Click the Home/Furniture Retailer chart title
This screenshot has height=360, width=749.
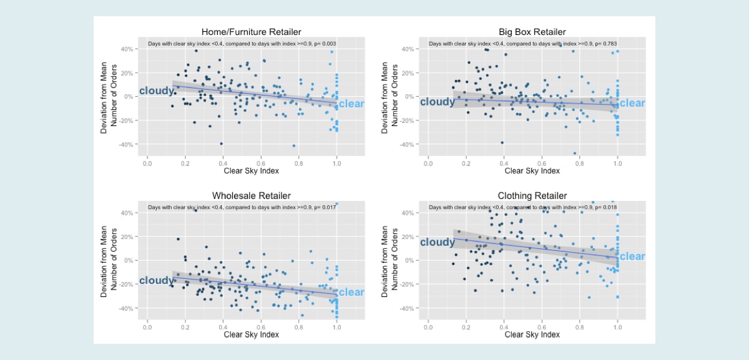(x=251, y=32)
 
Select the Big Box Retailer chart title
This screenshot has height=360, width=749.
(x=532, y=32)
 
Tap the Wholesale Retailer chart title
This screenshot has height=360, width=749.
(x=251, y=196)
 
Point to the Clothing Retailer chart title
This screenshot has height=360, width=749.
(x=532, y=196)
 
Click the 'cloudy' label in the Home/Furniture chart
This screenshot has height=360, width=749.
(x=157, y=91)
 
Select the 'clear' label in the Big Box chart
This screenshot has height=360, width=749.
(x=632, y=104)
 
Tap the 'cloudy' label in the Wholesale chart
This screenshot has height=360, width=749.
(x=157, y=281)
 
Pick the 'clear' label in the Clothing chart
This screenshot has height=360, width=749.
(x=632, y=256)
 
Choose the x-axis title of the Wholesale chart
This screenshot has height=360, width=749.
(x=251, y=334)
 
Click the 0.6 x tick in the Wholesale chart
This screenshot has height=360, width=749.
(x=261, y=326)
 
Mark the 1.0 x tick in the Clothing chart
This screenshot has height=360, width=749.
(x=617, y=326)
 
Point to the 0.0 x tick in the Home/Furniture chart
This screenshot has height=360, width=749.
(x=147, y=162)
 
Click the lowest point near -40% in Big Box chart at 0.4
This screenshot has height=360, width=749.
(x=502, y=143)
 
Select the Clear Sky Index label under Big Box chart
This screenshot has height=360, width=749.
(x=532, y=170)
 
